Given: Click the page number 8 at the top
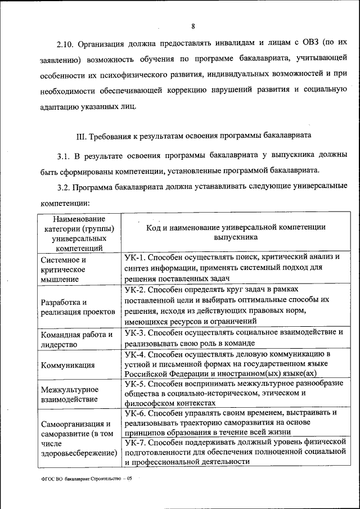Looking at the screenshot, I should pyautogui.click(x=193, y=26).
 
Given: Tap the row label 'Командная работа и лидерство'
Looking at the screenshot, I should pyautogui.click(x=76, y=338).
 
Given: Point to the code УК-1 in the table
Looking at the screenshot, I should pyautogui.click(x=136, y=257).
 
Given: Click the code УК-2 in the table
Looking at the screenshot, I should pyautogui.click(x=136, y=290).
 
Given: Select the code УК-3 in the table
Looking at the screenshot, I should pyautogui.click(x=136, y=332).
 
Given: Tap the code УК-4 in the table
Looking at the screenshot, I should pyautogui.click(x=136, y=354).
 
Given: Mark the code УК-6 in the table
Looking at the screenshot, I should pyautogui.click(x=136, y=412).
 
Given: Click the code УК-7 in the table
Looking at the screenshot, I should pyautogui.click(x=136, y=442).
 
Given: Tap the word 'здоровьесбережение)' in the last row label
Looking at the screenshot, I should pyautogui.click(x=79, y=453).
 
